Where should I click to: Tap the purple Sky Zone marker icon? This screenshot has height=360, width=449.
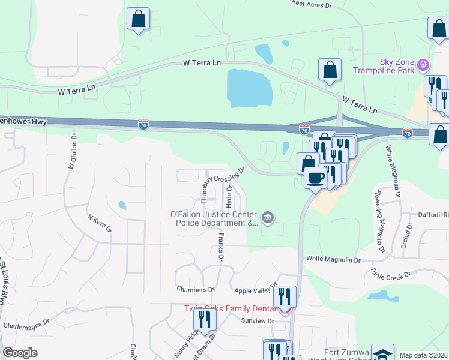click(423, 63)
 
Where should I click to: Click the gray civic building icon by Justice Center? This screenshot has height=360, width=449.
click(268, 217)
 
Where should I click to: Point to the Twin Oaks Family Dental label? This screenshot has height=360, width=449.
click(231, 308)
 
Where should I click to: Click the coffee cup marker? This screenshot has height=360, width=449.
click(316, 177)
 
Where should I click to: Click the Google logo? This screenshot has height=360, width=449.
click(20, 353)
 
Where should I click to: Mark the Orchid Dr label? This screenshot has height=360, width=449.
click(406, 236)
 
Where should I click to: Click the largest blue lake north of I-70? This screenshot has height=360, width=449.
click(249, 88)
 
